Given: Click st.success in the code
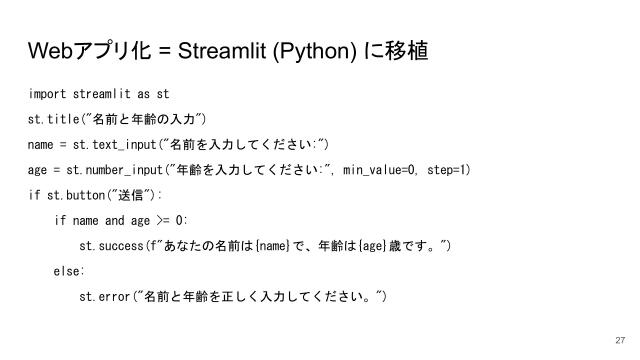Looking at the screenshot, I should click(111, 245).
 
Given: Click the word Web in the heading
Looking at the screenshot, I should click(51, 50).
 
